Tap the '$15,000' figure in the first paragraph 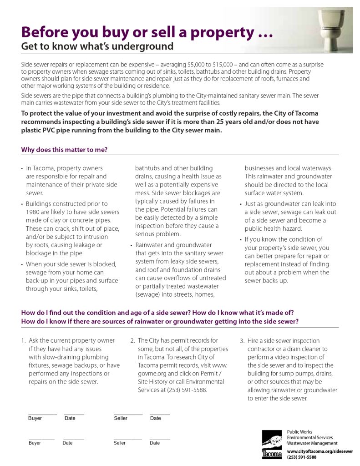point(211,65)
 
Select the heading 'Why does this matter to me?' point(64,150)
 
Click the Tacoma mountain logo point(272,444)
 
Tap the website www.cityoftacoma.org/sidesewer point(320,451)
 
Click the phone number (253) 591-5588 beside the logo point(301,457)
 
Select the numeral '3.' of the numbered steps point(242,340)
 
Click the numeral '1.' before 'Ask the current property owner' point(23,340)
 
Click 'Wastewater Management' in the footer point(312,443)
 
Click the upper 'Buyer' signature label point(35,418)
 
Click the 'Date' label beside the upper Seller point(155,418)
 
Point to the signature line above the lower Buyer point(41,439)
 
